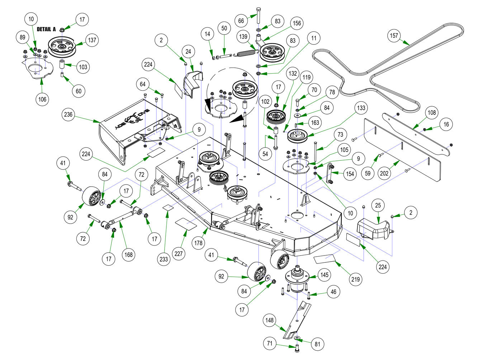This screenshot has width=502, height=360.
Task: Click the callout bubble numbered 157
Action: point(394,36)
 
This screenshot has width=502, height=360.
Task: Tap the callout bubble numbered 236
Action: point(68,114)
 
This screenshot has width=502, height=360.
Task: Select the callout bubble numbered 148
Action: point(269,320)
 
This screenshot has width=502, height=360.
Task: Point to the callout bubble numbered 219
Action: point(355,279)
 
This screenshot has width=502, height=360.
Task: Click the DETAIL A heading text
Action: point(46,29)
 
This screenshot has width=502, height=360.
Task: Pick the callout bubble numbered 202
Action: point(384,173)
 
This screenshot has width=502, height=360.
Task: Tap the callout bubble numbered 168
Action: point(128,254)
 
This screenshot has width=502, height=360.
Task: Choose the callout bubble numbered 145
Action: point(324,275)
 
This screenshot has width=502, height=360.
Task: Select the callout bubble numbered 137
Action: point(92,40)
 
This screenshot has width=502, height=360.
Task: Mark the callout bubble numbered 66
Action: point(241,21)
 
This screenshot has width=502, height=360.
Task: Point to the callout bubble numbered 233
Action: point(164,259)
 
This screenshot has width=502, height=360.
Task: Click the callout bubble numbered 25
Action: point(378,205)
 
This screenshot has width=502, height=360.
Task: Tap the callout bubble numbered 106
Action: point(42,99)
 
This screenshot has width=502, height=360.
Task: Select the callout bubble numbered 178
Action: point(198,243)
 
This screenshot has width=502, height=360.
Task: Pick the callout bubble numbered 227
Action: point(179,253)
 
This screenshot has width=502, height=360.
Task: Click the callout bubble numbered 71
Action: point(270,343)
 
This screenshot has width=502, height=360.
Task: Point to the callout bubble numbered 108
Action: point(432,112)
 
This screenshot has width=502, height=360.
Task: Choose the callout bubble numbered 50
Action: point(224,28)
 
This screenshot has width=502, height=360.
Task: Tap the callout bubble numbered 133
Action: point(361,108)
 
